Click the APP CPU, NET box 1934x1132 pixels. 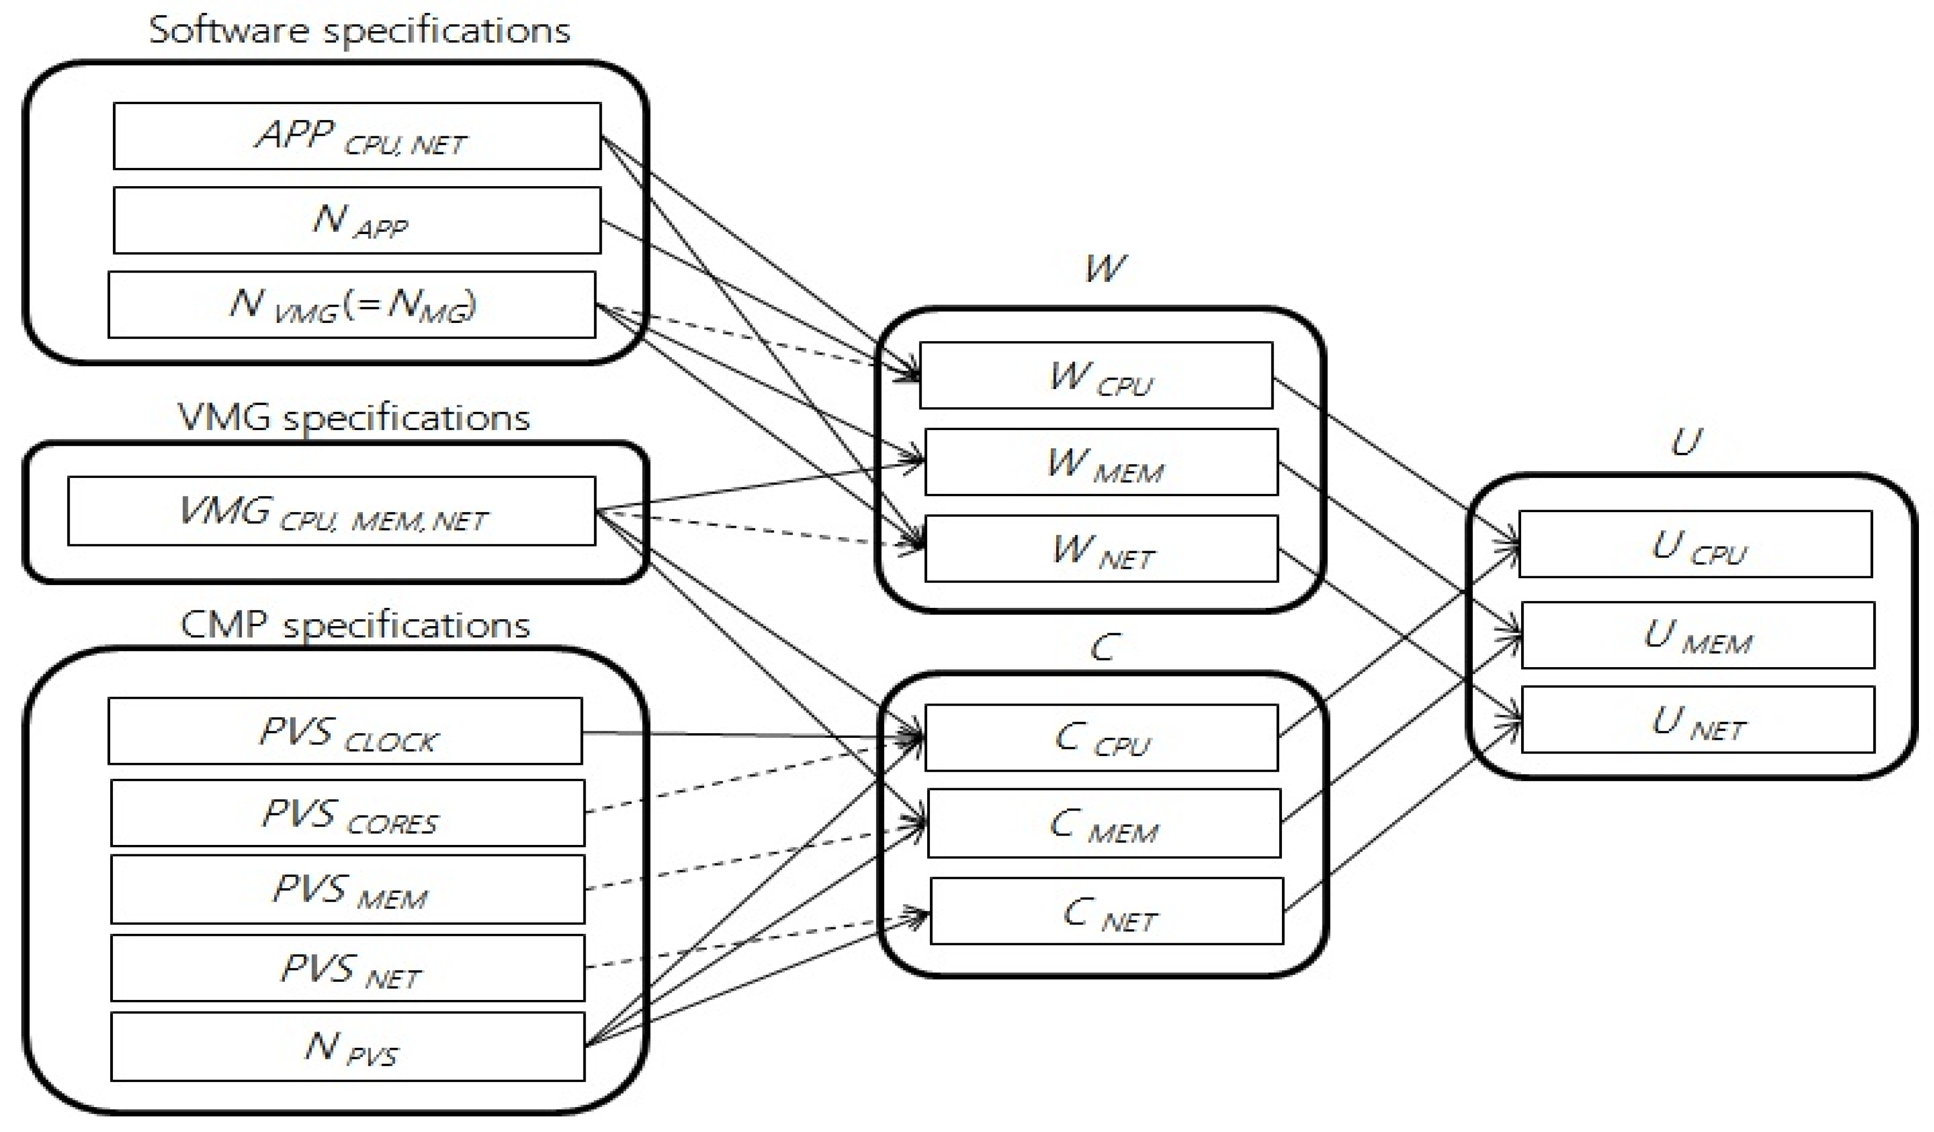coord(357,136)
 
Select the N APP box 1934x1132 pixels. coord(357,220)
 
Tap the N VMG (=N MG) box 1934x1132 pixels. coord(352,305)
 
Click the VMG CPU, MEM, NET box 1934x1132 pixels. coord(332,511)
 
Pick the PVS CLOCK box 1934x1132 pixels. coord(345,731)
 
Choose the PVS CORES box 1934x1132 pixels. coord(348,813)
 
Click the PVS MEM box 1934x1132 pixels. coord(348,890)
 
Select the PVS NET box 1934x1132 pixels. coord(348,968)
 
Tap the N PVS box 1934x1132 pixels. coord(348,1047)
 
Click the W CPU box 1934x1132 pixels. coord(1096,375)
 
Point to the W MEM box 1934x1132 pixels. coord(1101,462)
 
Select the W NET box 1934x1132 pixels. coord(1101,549)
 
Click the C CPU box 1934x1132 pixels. coord(1101,737)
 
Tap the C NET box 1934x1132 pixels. coord(1107,911)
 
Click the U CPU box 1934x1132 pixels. coord(1695,544)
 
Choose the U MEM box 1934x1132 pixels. coord(1697,635)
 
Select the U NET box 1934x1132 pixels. coord(1697,720)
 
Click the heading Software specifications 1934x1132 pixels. coord(359,31)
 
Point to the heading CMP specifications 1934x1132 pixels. coord(355,624)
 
